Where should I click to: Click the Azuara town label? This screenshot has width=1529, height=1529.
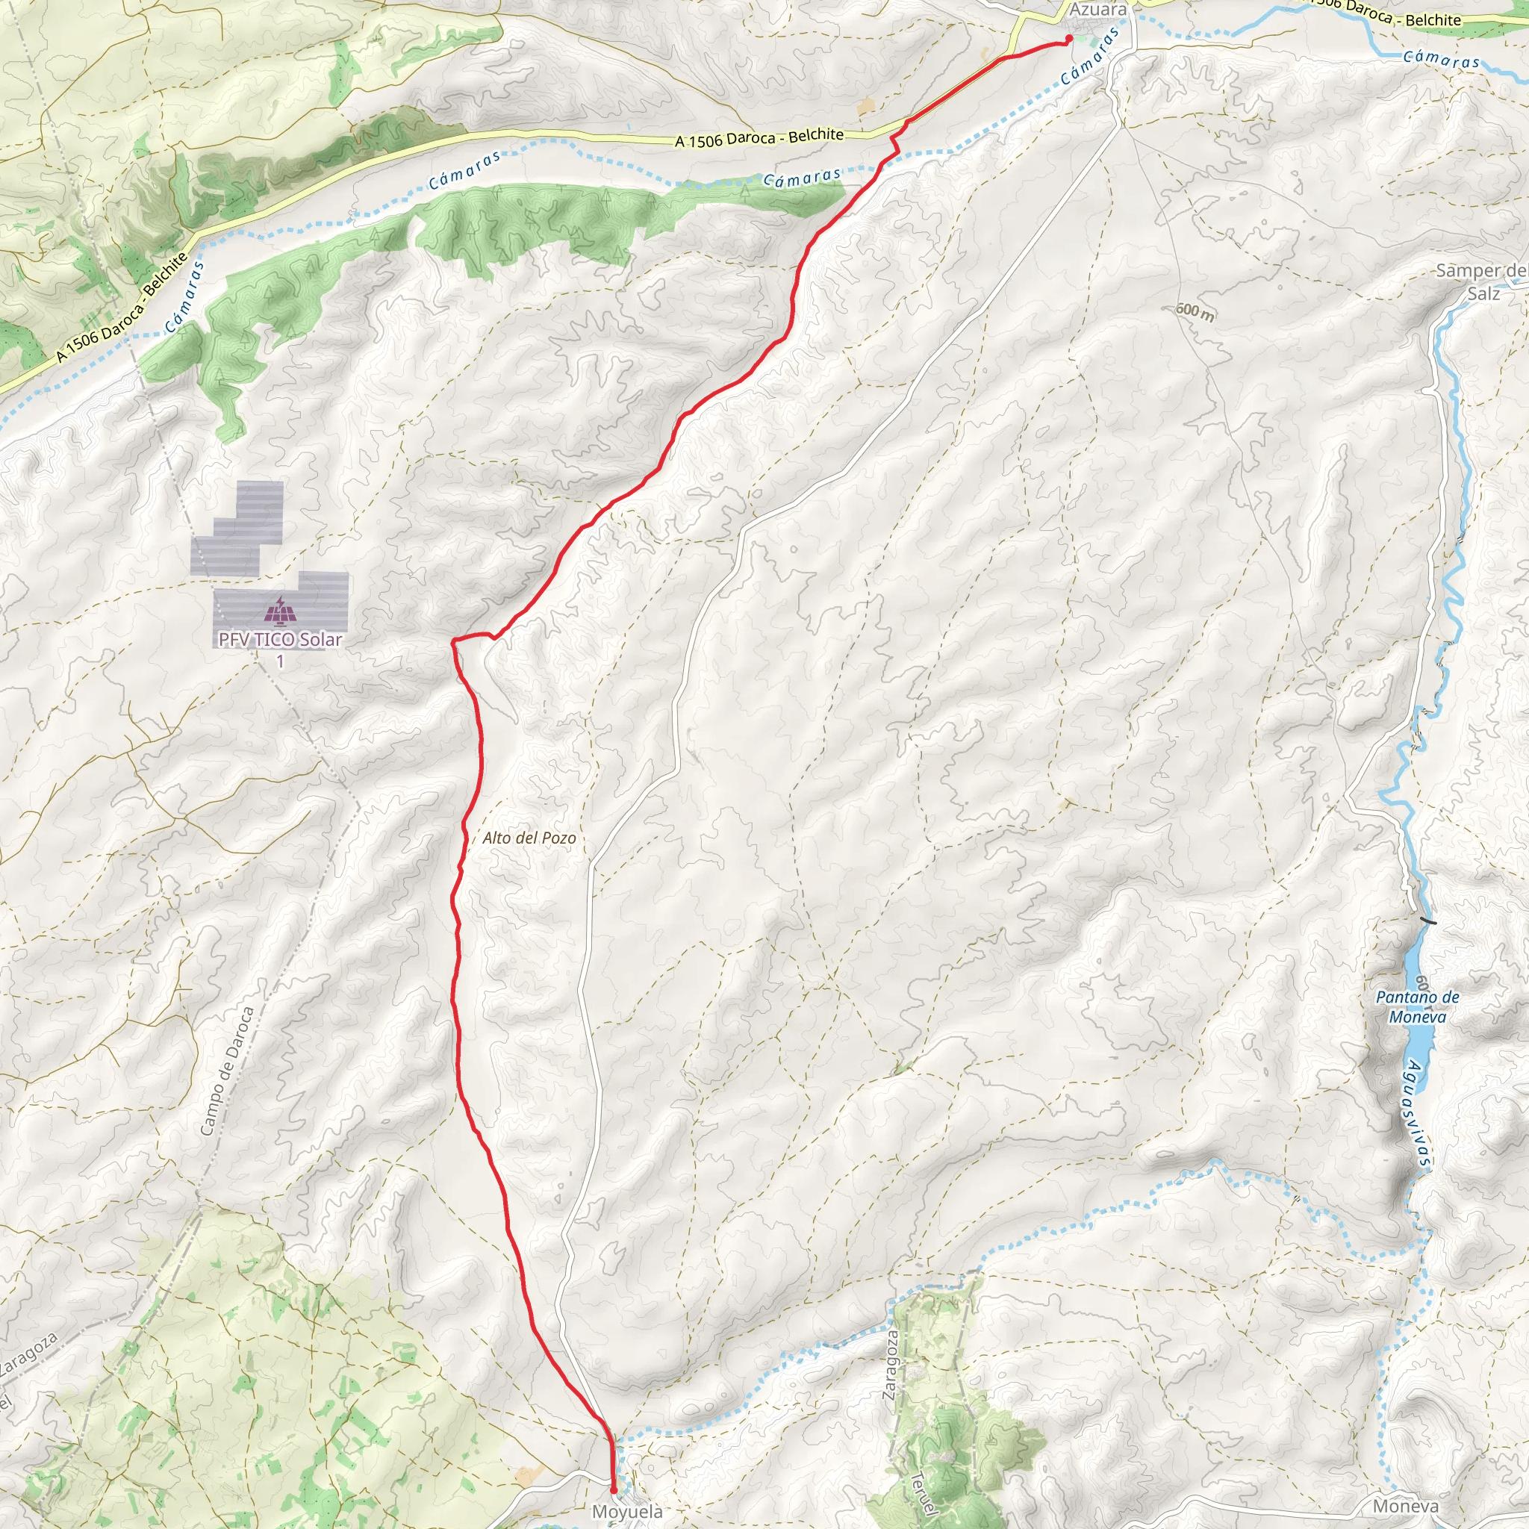(x=1097, y=10)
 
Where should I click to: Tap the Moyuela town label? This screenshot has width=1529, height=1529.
(x=628, y=1512)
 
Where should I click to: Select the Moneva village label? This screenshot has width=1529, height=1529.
(x=1406, y=1506)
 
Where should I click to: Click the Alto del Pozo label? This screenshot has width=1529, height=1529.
(x=529, y=838)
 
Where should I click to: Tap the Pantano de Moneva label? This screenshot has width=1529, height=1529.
(x=1418, y=1006)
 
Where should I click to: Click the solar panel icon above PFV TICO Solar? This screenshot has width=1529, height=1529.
(x=279, y=611)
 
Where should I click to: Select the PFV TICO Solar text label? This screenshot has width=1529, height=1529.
(x=280, y=640)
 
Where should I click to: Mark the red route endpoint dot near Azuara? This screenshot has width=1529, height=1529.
(x=1068, y=39)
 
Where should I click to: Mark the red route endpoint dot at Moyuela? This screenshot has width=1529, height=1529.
(x=614, y=1491)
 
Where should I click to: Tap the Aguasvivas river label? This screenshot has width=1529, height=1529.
(x=1416, y=1115)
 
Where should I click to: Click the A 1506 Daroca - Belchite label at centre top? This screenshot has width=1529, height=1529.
(x=759, y=137)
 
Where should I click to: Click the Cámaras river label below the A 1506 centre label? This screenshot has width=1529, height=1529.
(x=802, y=178)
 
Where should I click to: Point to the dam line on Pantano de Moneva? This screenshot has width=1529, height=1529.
(x=1427, y=921)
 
